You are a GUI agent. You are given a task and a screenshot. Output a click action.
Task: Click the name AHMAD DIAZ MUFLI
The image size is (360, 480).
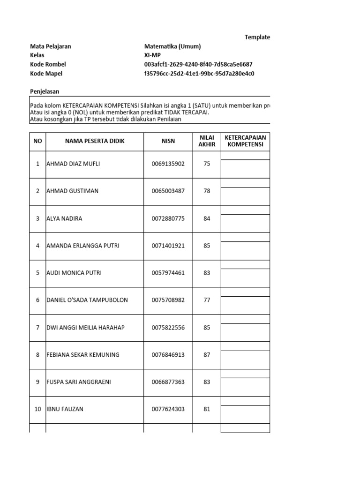click(73, 164)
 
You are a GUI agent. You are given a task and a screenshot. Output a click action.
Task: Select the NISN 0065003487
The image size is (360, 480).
click(168, 191)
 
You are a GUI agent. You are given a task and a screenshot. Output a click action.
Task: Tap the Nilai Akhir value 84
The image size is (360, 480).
click(207, 218)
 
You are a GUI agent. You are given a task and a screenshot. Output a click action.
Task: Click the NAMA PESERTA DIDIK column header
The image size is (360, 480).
click(95, 141)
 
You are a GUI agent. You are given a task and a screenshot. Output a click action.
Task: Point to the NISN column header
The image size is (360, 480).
click(168, 141)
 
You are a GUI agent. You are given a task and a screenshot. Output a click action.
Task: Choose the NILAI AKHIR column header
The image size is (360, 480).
click(207, 141)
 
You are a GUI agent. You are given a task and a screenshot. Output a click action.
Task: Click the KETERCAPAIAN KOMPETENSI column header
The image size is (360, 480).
click(245, 141)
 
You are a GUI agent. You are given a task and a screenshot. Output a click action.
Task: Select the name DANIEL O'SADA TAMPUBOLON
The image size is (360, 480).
click(87, 300)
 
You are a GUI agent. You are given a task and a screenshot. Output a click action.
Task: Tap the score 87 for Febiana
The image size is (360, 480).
click(207, 355)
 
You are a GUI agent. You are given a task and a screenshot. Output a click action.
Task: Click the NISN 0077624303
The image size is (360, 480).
click(168, 409)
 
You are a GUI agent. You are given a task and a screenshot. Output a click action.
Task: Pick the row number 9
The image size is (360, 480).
click(37, 382)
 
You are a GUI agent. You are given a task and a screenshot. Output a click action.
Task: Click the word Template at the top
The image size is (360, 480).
click(257, 37)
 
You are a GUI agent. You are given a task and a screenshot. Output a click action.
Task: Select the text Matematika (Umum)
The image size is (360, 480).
click(172, 46)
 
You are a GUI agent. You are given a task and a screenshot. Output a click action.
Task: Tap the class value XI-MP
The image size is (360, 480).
click(152, 55)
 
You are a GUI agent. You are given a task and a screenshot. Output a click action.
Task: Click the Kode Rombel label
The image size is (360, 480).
click(48, 64)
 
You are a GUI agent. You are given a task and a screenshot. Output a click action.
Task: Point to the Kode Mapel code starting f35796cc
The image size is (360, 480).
click(199, 74)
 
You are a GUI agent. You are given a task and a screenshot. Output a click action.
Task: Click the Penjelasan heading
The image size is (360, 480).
click(45, 92)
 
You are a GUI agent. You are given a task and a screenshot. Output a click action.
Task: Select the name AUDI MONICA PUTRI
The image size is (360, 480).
click(74, 273)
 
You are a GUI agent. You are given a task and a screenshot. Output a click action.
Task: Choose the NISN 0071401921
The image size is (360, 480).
click(168, 246)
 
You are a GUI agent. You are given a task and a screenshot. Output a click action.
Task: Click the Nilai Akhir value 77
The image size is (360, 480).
click(207, 300)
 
